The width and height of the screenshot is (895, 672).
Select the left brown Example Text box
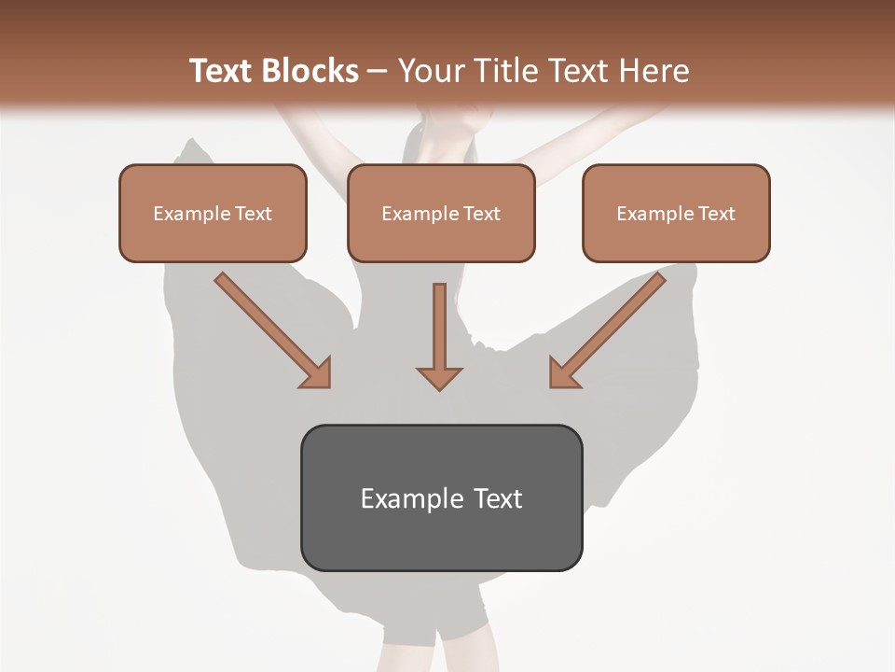click(x=213, y=214)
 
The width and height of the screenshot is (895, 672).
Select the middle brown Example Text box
click(x=441, y=214)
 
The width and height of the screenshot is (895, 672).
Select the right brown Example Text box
click(x=676, y=214)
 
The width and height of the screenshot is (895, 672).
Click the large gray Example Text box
click(x=441, y=497)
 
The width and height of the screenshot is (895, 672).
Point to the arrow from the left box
click(x=270, y=329)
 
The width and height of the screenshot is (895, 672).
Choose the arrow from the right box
click(x=610, y=329)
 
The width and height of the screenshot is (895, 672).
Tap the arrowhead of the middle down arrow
click(x=439, y=377)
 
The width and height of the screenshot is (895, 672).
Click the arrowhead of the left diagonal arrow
click(x=316, y=373)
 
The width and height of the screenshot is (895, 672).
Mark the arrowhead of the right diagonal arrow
click(x=563, y=373)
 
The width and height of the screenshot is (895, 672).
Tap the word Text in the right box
click(x=716, y=214)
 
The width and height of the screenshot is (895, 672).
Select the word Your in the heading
click(x=429, y=71)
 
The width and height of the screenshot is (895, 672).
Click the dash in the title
click(x=378, y=72)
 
